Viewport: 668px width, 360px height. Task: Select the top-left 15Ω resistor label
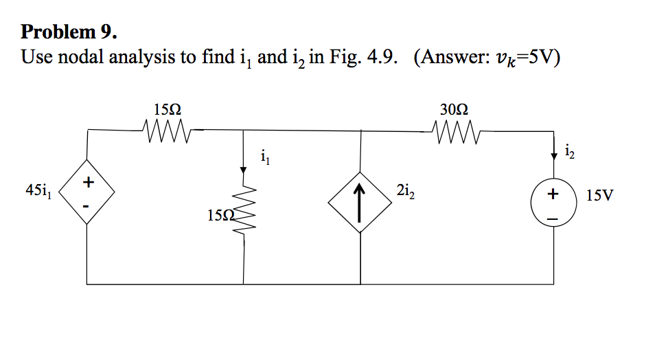pyautogui.click(x=168, y=109)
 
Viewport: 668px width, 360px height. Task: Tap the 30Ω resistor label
pyautogui.click(x=454, y=109)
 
